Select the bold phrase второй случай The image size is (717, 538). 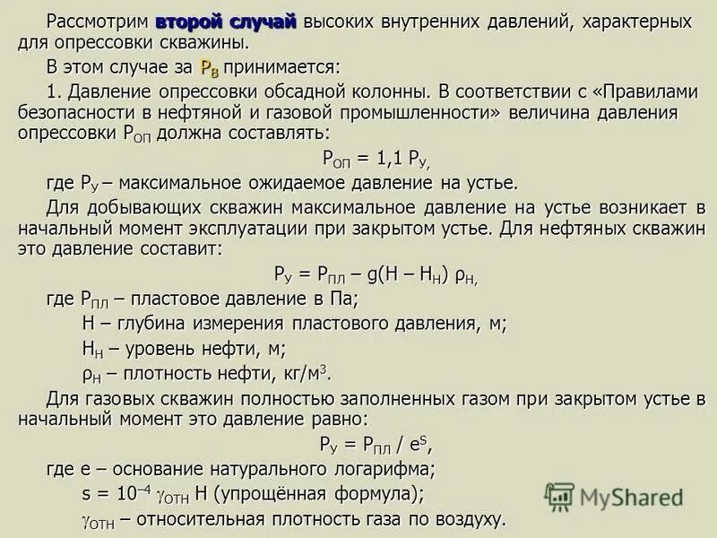click(x=225, y=22)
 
